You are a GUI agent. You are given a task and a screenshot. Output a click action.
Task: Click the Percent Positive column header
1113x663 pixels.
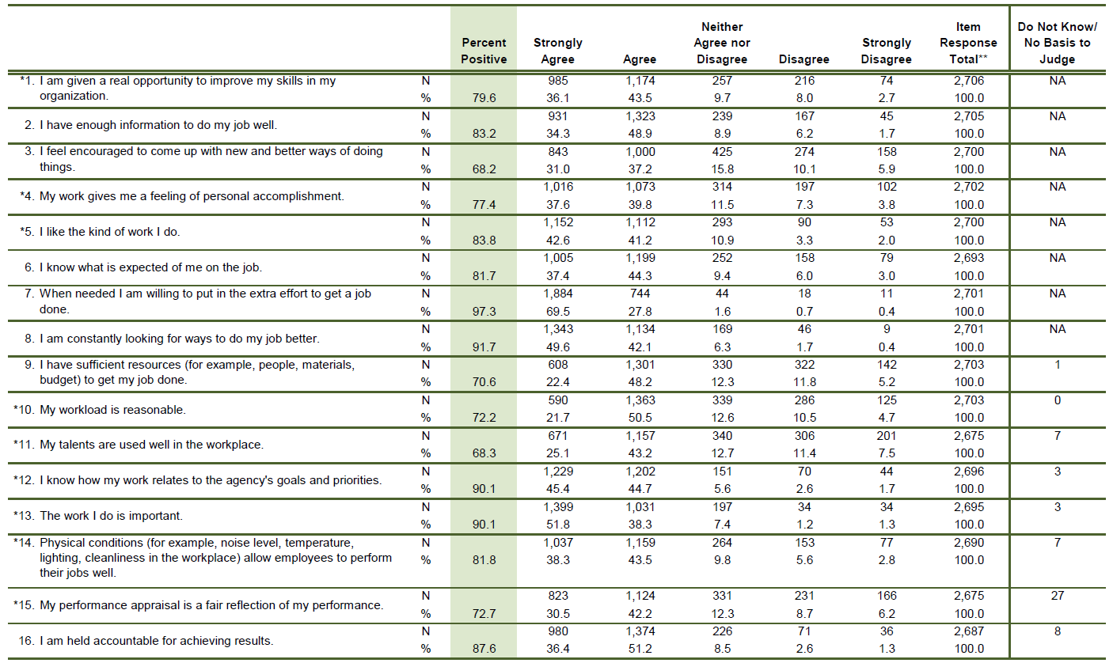pos(484,51)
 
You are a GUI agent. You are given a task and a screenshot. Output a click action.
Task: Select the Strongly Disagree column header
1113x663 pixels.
pos(887,51)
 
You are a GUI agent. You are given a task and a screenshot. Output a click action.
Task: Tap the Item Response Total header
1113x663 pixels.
pos(968,43)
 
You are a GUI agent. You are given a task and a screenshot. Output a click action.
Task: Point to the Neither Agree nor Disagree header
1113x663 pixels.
pos(721,43)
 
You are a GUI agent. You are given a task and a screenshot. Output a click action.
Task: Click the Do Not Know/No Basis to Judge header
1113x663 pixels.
pos(1057,43)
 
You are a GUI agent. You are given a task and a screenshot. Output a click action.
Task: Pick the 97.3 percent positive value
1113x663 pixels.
pos(484,311)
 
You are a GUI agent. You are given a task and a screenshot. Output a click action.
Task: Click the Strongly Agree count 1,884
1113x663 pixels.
pos(558,294)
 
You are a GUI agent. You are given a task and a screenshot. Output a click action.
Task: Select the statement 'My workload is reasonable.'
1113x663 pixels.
pos(112,409)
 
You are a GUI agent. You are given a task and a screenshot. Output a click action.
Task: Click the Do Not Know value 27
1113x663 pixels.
pos(1058,596)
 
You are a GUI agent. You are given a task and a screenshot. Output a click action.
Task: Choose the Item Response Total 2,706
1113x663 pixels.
pos(969,81)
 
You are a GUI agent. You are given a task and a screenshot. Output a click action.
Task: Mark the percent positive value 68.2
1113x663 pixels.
pos(484,169)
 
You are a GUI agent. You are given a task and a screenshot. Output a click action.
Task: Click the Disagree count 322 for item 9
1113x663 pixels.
pos(804,365)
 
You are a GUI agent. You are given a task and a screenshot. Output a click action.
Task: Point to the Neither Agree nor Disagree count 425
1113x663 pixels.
pos(721,152)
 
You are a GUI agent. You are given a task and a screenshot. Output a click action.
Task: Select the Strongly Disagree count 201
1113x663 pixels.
pos(887,436)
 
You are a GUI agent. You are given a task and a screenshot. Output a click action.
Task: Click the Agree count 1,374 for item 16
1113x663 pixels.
pos(640,631)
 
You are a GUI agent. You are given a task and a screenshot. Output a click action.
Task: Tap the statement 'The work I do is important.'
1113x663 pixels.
pos(111,516)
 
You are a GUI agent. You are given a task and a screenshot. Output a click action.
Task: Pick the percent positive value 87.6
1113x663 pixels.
pos(484,649)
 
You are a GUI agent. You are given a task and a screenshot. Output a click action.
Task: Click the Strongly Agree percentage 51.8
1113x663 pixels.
pos(558,524)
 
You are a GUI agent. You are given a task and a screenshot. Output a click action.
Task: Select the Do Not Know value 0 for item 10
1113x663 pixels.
pos(1058,400)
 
